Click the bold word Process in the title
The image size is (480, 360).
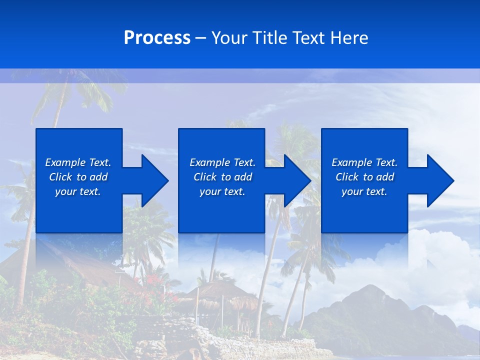tap(157, 38)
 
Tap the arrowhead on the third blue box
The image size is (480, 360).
tap(438, 180)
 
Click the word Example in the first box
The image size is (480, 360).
tap(65, 162)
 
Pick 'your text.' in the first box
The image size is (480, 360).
tap(78, 191)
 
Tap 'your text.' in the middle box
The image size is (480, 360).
tap(222, 191)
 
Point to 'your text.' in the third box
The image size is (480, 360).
tap(364, 191)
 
